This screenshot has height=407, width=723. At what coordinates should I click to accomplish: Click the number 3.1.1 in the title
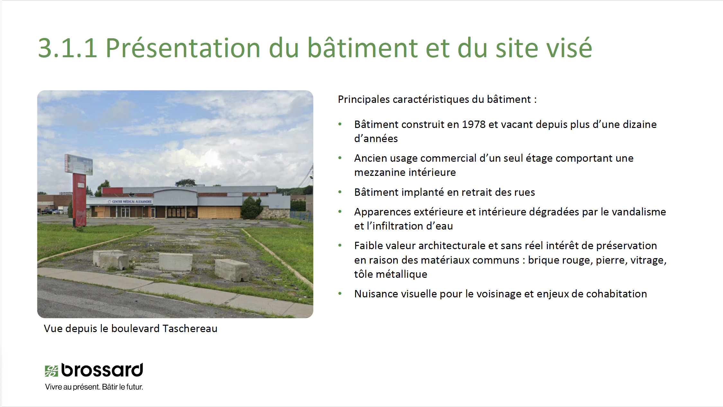click(67, 48)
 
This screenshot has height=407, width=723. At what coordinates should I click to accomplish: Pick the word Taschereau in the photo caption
click(190, 329)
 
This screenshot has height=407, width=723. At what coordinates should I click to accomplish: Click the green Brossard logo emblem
click(51, 371)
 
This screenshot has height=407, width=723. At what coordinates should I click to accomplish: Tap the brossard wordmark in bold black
click(102, 370)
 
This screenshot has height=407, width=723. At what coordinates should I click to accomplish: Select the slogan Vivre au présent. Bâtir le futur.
click(94, 387)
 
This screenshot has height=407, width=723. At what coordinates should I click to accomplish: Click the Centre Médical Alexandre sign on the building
click(130, 202)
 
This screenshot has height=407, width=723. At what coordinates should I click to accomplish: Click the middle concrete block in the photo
click(175, 262)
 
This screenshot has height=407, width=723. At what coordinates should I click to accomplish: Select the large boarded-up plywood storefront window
click(219, 212)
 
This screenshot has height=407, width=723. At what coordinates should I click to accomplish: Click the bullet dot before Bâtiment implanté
click(340, 192)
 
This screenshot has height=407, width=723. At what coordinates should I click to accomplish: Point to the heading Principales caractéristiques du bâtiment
click(437, 99)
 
